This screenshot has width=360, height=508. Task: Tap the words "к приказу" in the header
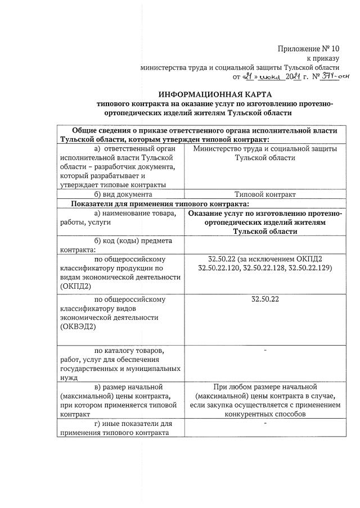(323, 57)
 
